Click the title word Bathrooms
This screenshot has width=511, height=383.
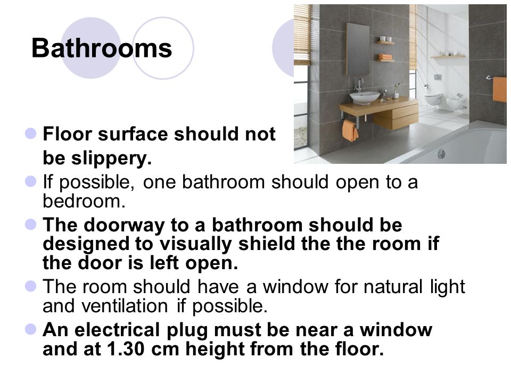(x=102, y=48)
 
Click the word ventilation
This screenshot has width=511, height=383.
(x=125, y=306)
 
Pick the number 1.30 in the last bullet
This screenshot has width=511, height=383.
(x=126, y=349)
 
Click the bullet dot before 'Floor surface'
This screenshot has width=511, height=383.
(x=31, y=133)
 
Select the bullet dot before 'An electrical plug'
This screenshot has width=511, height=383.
(x=31, y=329)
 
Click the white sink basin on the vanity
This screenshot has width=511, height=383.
(x=365, y=97)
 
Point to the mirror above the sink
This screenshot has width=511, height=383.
(x=358, y=49)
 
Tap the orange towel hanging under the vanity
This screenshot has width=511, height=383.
(x=350, y=131)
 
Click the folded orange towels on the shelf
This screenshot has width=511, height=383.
(x=385, y=57)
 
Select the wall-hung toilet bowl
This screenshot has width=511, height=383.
(x=434, y=99)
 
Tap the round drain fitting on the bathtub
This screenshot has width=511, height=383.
(x=441, y=154)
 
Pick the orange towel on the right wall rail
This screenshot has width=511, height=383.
(x=500, y=89)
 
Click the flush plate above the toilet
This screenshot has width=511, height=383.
(x=438, y=77)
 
